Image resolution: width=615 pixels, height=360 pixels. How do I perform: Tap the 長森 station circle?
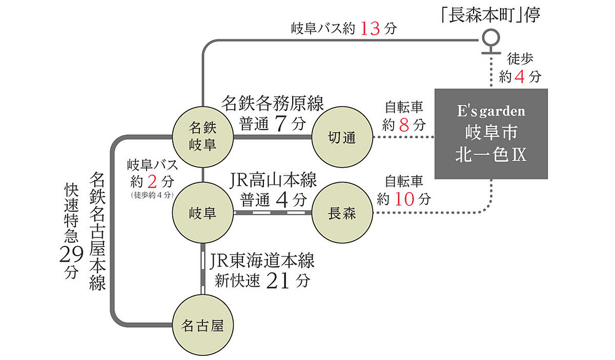[342, 213]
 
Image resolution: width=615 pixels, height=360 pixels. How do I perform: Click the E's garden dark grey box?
[491, 134]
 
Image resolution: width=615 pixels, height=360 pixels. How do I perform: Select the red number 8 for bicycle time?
[403, 124]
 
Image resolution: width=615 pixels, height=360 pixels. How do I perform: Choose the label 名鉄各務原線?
[272, 104]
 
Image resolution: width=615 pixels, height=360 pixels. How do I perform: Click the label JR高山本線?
[272, 180]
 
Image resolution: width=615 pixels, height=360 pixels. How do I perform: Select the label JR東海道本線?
[262, 261]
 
